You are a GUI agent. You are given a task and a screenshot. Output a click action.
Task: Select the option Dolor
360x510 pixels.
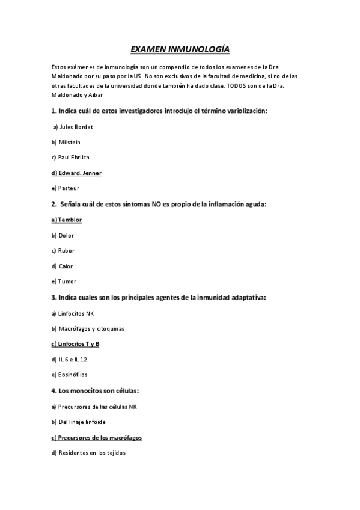tap(63, 235)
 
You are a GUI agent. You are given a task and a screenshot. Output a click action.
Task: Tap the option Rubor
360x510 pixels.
tap(63, 251)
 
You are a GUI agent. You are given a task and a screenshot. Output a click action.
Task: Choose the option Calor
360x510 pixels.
tap(63, 266)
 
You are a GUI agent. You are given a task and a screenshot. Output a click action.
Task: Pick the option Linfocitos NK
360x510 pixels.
tap(73, 313)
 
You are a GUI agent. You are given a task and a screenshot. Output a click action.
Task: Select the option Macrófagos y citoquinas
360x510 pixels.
tap(88, 329)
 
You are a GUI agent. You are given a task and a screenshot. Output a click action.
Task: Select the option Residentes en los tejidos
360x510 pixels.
tap(88, 453)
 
